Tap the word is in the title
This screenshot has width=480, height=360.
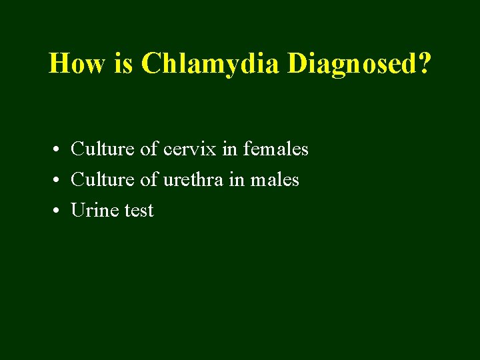pyautogui.click(x=129, y=64)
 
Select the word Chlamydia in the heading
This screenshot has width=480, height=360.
pyautogui.click(x=211, y=64)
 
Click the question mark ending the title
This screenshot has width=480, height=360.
pyautogui.click(x=424, y=64)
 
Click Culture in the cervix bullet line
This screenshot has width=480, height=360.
pyautogui.click(x=103, y=149)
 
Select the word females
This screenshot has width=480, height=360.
pyautogui.click(x=275, y=149)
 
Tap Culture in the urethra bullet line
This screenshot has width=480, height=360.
pyautogui.click(x=103, y=179)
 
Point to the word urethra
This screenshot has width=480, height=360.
pyautogui.click(x=191, y=179)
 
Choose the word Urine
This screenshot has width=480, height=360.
pyautogui.click(x=94, y=211)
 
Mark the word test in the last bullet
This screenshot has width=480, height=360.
pyautogui.click(x=139, y=211)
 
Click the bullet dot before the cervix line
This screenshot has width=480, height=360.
pyautogui.click(x=59, y=150)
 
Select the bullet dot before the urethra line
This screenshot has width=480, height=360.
pyautogui.click(x=59, y=181)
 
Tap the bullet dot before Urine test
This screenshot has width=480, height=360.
pyautogui.click(x=59, y=211)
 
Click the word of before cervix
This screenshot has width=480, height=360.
pyautogui.click(x=148, y=149)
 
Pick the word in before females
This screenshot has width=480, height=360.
pyautogui.click(x=229, y=149)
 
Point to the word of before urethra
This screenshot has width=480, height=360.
pyautogui.click(x=148, y=179)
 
